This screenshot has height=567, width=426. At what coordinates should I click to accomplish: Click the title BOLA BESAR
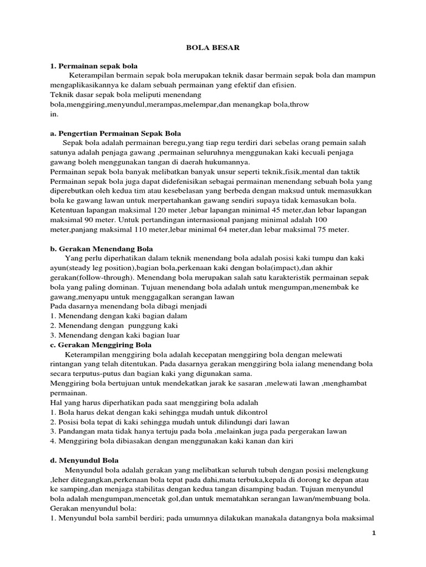(x=212, y=48)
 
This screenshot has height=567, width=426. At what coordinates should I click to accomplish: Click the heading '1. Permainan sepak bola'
(x=94, y=66)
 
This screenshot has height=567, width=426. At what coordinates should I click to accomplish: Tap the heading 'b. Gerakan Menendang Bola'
(x=102, y=249)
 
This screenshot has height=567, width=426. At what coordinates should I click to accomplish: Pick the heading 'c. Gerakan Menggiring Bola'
(x=101, y=345)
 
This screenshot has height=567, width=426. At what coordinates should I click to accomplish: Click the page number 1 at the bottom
(x=374, y=533)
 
